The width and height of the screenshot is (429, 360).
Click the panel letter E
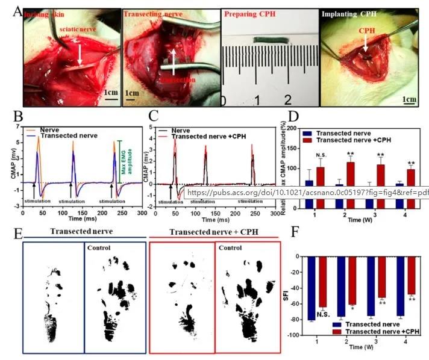click(18, 233)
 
